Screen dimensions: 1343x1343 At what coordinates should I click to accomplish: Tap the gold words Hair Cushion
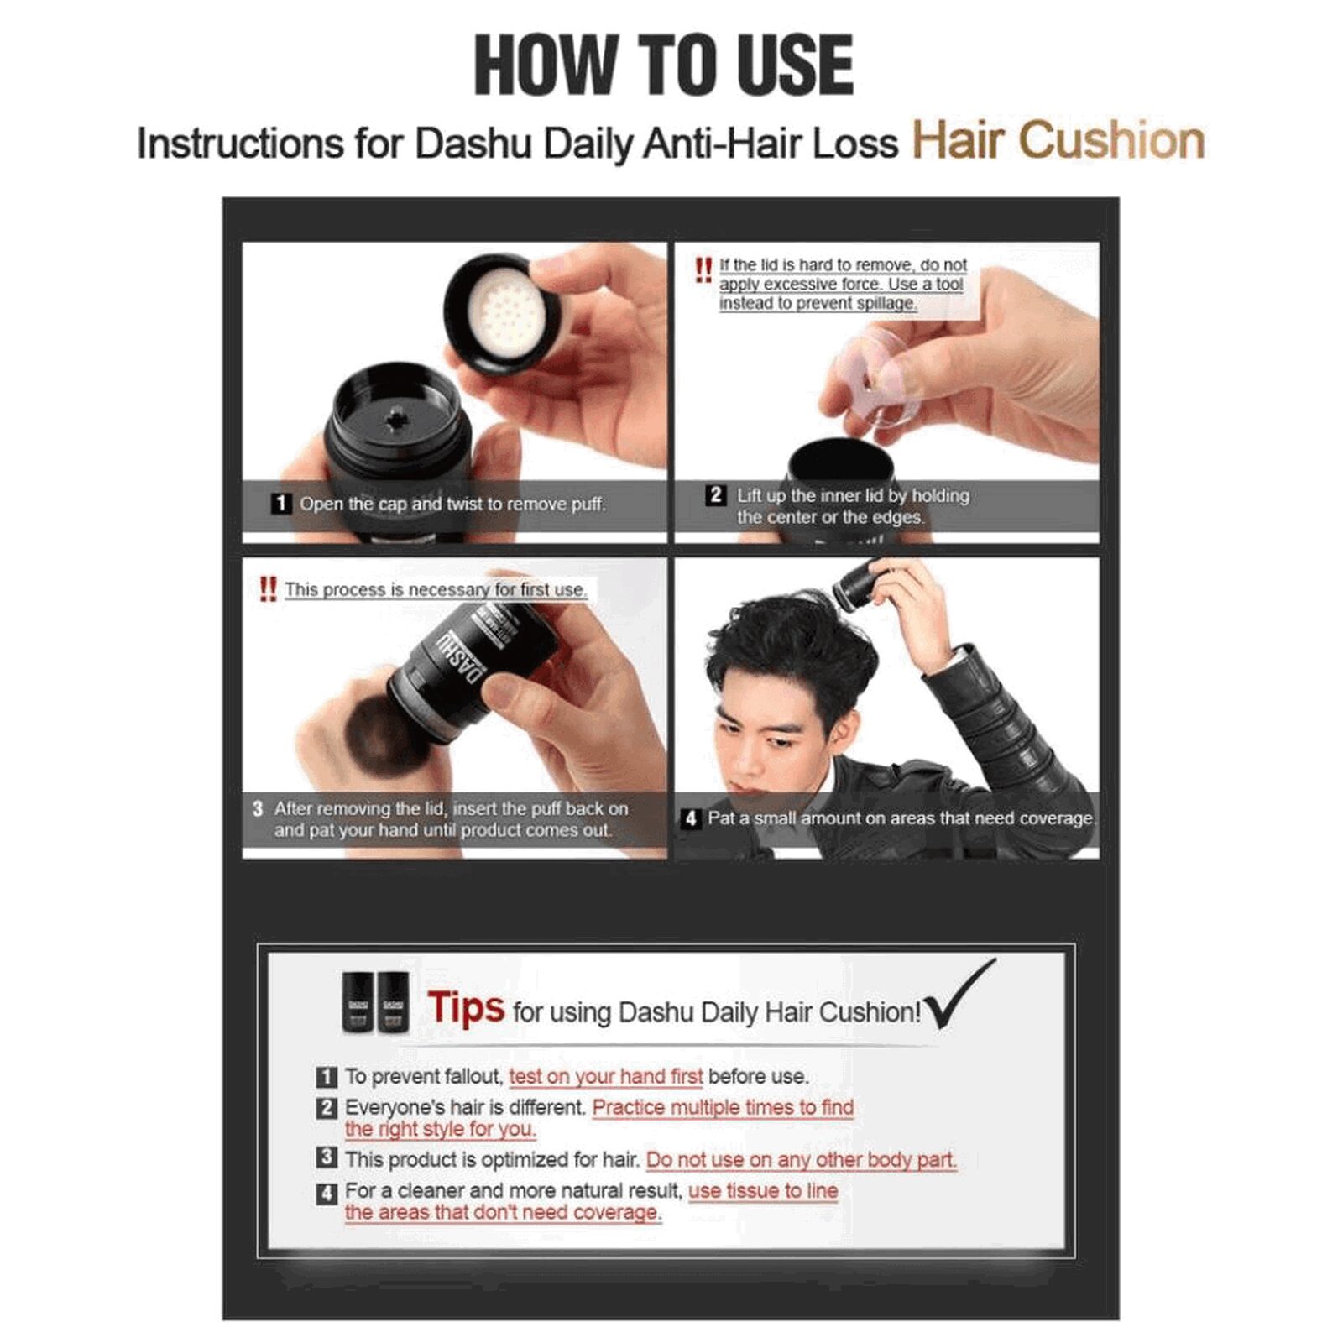click(x=1058, y=139)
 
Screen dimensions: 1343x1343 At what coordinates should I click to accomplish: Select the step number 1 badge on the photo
click(x=280, y=504)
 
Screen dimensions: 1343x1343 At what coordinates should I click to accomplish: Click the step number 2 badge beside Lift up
click(x=715, y=495)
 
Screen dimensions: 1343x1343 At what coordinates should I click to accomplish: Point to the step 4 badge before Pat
click(x=690, y=818)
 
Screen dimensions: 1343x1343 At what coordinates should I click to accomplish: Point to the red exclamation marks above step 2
click(x=703, y=270)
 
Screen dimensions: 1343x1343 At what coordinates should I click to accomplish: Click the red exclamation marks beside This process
click(x=268, y=588)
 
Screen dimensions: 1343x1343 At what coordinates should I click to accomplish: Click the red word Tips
click(x=466, y=1007)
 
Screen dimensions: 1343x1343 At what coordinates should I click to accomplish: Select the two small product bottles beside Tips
click(x=375, y=1002)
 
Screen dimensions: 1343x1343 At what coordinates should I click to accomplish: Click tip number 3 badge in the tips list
click(x=327, y=1157)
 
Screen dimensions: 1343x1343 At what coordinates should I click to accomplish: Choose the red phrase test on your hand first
click(x=605, y=1077)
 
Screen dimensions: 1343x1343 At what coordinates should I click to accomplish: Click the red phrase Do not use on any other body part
click(x=801, y=1160)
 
